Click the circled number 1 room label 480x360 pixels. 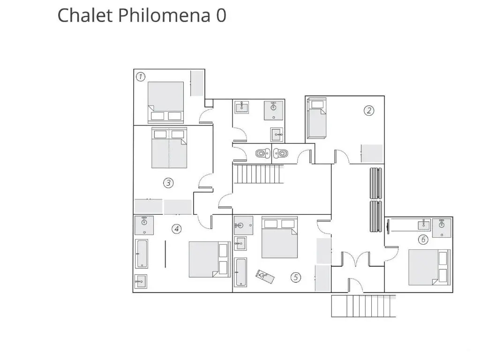point(141,76)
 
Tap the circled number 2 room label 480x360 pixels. point(369,111)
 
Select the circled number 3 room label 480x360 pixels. point(168,183)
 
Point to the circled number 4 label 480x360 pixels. point(176,229)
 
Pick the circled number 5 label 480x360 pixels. point(296,277)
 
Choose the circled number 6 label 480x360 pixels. point(423,240)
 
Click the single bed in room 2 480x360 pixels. point(316,118)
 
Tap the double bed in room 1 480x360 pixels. point(165,102)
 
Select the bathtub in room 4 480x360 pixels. point(142,254)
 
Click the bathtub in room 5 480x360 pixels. point(240,272)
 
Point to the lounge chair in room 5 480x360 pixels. point(265,276)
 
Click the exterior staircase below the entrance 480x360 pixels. point(364,306)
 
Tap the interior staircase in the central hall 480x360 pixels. point(259,174)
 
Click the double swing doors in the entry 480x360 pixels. point(356,259)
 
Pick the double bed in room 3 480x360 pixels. point(169,148)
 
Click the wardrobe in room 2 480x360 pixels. point(372,153)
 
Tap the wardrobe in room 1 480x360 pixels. point(197,83)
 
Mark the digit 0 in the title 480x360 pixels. point(221,15)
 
